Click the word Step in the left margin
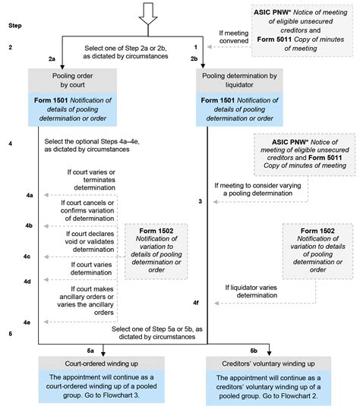pyautogui.click(x=14, y=25)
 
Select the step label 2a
pyautogui.click(x=52, y=58)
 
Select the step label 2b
pyautogui.click(x=194, y=58)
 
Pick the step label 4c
pyautogui.click(x=27, y=257)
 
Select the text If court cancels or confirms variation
pyautogui.click(x=88, y=207)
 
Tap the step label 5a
pyautogui.click(x=90, y=350)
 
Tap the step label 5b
pyautogui.click(x=254, y=350)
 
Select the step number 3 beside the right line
pyautogui.click(x=199, y=201)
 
